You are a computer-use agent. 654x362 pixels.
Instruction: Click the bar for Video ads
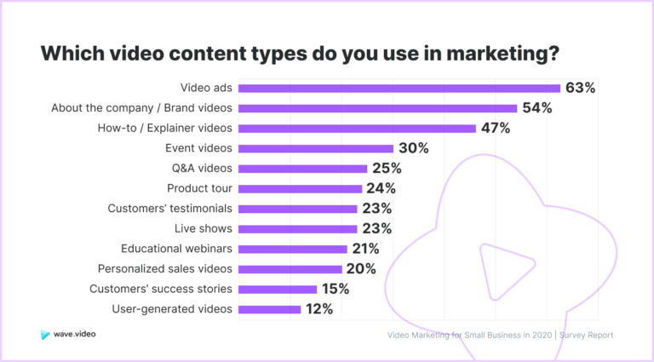click(399, 88)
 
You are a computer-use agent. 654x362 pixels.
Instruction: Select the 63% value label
click(581, 87)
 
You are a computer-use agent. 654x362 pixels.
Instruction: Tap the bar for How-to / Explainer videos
click(357, 128)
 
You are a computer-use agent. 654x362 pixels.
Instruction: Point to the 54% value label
click(537, 107)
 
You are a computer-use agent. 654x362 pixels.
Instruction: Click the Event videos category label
click(198, 148)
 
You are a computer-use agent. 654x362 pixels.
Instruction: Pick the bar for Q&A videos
click(302, 169)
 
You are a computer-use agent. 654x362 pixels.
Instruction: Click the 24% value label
click(381, 188)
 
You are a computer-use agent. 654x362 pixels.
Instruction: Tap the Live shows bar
click(298, 228)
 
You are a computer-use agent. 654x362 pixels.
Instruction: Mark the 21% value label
click(364, 249)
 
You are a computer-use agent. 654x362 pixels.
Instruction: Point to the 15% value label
click(335, 289)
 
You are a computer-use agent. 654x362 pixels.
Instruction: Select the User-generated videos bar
click(270, 309)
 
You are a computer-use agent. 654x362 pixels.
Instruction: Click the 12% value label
click(318, 309)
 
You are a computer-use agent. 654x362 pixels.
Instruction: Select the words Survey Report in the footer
click(588, 336)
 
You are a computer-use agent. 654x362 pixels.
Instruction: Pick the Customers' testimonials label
click(170, 209)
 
